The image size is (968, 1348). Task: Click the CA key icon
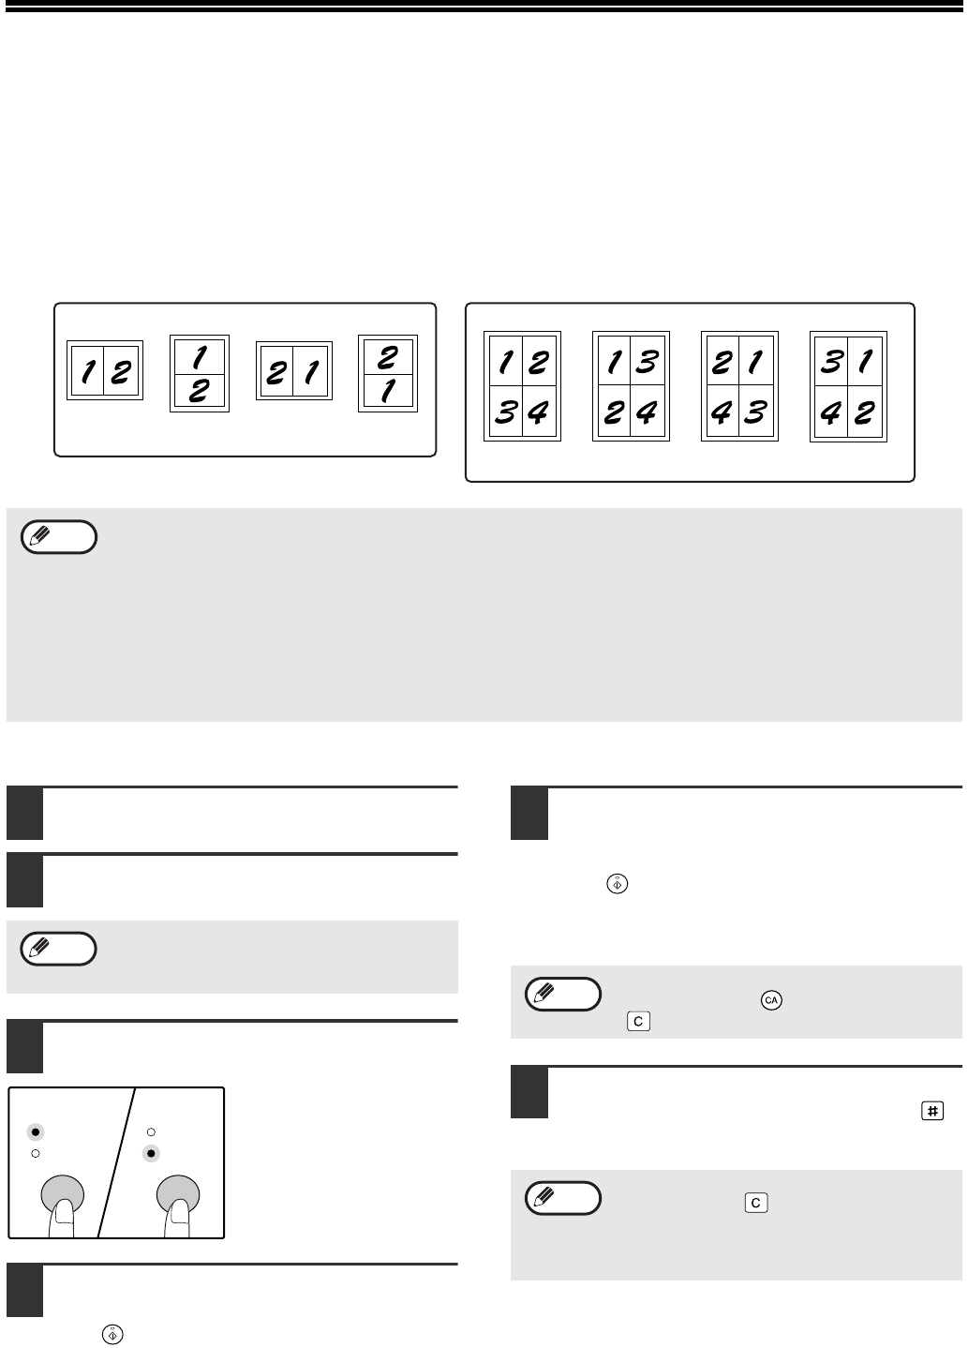point(770,1000)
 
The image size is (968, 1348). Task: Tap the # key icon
point(931,1111)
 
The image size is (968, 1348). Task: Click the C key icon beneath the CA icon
point(638,1021)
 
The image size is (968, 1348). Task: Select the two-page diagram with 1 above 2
point(200,374)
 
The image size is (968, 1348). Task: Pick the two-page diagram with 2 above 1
point(387,374)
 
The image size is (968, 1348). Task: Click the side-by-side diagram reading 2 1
point(294,370)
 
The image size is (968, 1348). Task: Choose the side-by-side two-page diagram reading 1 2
point(105,370)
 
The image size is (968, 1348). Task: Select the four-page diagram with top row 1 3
point(631,386)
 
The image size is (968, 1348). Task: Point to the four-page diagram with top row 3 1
point(848,386)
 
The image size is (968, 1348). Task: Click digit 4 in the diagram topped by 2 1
point(721,412)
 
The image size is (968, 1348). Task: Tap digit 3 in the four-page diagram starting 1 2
point(506,412)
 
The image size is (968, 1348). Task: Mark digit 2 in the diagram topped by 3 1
point(865,412)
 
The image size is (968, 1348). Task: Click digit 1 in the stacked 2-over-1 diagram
point(388,391)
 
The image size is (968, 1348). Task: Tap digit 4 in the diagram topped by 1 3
point(647,412)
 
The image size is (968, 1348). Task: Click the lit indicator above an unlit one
point(36,1132)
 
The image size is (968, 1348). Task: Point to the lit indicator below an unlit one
point(151,1154)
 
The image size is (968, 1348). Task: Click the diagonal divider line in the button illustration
point(116,1162)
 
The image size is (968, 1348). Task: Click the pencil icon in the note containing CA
point(544,993)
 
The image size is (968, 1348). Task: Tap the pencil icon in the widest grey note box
point(40,535)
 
